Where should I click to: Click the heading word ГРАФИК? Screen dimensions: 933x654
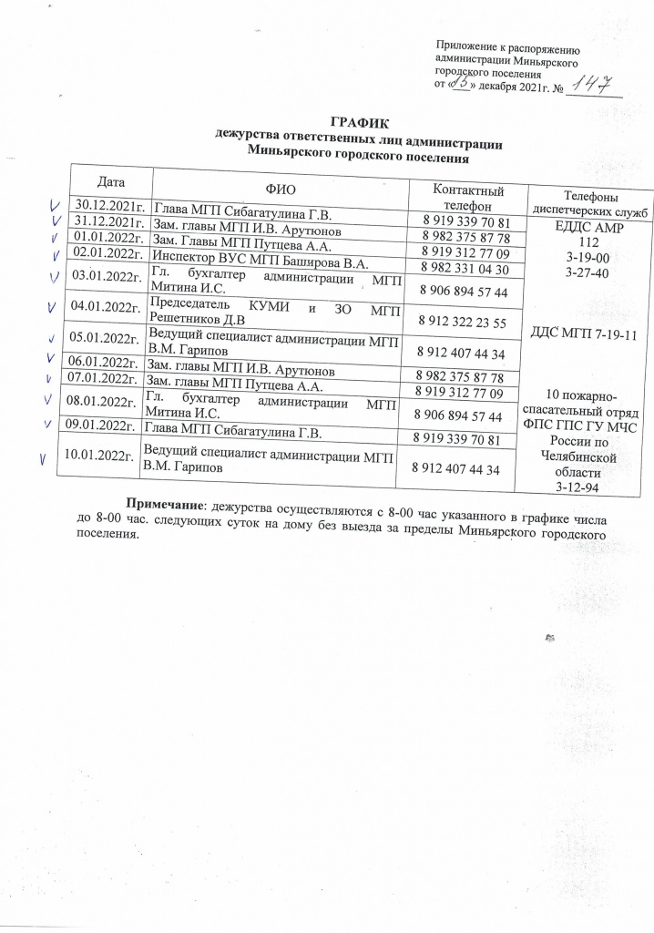pyautogui.click(x=356, y=122)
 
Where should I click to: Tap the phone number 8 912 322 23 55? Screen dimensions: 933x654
pyautogui.click(x=461, y=322)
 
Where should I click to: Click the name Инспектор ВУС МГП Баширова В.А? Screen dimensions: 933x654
pyautogui.click(x=260, y=256)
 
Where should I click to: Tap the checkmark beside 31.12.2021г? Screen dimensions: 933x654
pyautogui.click(x=56, y=221)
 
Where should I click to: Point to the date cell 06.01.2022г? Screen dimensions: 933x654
pyautogui.click(x=105, y=360)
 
